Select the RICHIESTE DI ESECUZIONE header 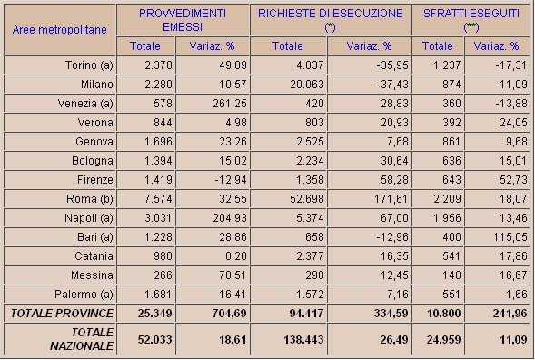point(329,21)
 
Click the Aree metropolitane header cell point(60,29)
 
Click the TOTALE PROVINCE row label point(61,313)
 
